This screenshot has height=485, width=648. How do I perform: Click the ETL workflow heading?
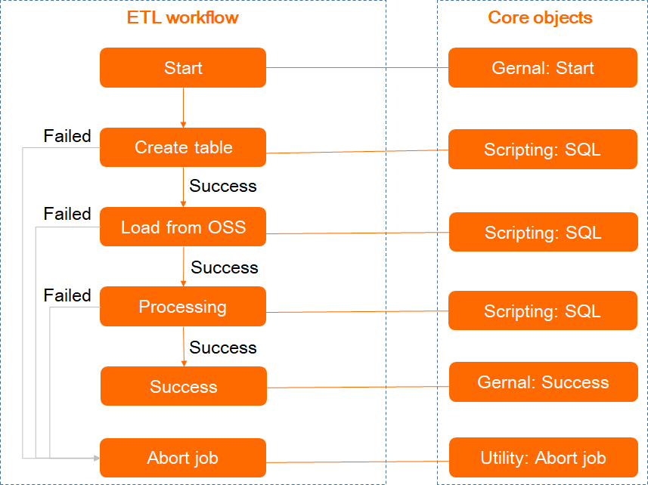(x=182, y=17)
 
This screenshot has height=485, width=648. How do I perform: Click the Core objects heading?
(x=540, y=17)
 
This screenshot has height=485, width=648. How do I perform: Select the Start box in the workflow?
(x=183, y=68)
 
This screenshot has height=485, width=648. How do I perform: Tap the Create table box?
(x=183, y=147)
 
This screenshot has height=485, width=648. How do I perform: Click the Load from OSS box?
(x=183, y=227)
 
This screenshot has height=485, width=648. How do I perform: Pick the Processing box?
(x=183, y=307)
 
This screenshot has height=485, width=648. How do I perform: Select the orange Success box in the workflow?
(x=183, y=387)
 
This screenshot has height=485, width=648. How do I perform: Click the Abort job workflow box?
(x=183, y=458)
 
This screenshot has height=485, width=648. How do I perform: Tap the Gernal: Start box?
(x=542, y=68)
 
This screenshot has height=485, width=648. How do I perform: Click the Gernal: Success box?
(x=542, y=382)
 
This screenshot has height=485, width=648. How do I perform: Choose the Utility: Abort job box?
(x=542, y=458)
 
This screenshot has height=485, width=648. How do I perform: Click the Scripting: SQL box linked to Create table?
(x=542, y=150)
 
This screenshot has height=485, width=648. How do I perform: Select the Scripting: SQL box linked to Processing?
(x=542, y=310)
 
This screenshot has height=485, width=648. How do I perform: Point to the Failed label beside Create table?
(x=67, y=136)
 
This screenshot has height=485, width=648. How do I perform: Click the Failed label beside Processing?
(x=67, y=295)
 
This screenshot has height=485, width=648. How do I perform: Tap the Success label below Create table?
(x=223, y=186)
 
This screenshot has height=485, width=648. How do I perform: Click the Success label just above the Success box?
(x=223, y=348)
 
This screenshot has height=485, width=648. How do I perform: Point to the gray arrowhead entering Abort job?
(x=95, y=458)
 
